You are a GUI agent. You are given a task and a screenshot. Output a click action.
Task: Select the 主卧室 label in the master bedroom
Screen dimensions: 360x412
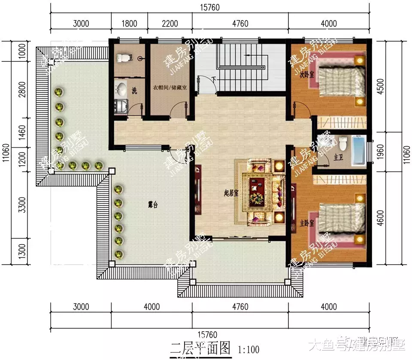pyautogui.click(x=307, y=223)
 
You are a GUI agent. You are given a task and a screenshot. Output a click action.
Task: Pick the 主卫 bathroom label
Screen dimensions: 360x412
pyautogui.click(x=338, y=157)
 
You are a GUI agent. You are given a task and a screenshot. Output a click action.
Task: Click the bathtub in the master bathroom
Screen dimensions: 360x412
pyautogui.click(x=358, y=151)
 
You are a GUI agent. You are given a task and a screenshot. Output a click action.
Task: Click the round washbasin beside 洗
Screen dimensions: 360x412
pyautogui.click(x=121, y=90)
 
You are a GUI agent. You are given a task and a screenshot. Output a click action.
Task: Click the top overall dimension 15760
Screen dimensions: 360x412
pyautogui.click(x=209, y=7)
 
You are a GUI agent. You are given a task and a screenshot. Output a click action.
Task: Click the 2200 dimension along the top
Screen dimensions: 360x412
pyautogui.click(x=170, y=24)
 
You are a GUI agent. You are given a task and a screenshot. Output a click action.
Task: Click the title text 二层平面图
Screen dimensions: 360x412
pyautogui.click(x=201, y=347)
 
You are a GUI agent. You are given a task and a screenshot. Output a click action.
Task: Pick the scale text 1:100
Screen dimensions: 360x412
pyautogui.click(x=248, y=350)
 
